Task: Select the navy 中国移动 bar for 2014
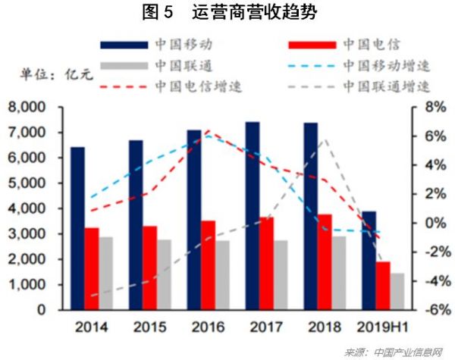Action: click(78, 228)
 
